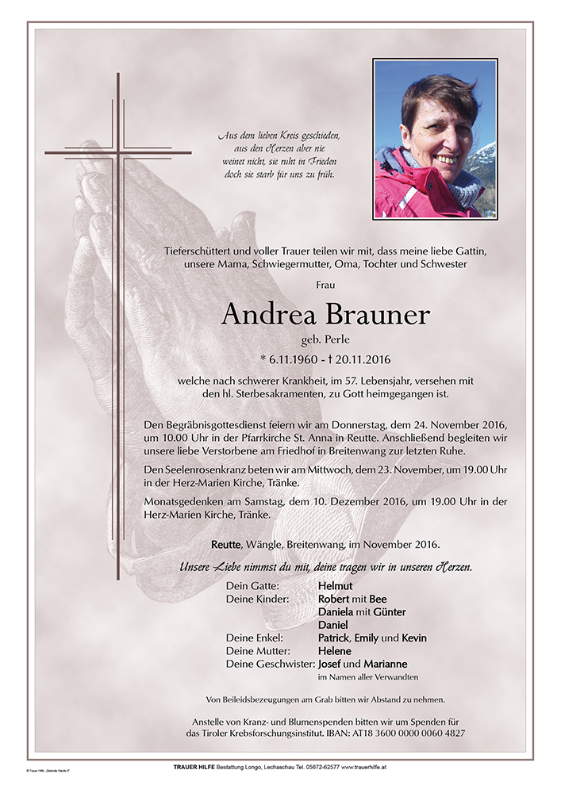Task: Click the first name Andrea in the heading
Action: coord(268,314)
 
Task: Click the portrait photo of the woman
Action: coord(435,139)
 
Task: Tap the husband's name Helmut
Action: coord(335,586)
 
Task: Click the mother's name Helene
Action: coord(335,650)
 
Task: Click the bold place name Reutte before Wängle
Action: coord(227,545)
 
